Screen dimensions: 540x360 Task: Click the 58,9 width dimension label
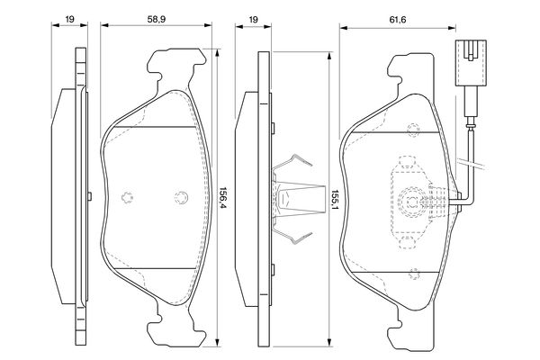pyautogui.click(x=157, y=19)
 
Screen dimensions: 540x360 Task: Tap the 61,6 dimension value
pyautogui.click(x=398, y=20)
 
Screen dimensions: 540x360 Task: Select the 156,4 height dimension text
pyautogui.click(x=223, y=200)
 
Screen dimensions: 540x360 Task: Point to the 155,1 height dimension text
pyautogui.click(x=335, y=201)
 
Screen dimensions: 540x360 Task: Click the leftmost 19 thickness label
pyautogui.click(x=69, y=19)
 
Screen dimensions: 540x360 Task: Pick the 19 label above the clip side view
pyautogui.click(x=253, y=20)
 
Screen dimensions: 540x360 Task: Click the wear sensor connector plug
pyautogui.click(x=471, y=63)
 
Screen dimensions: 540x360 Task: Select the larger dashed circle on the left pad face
pyautogui.click(x=181, y=197)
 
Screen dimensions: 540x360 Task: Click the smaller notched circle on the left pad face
pyautogui.click(x=128, y=197)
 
